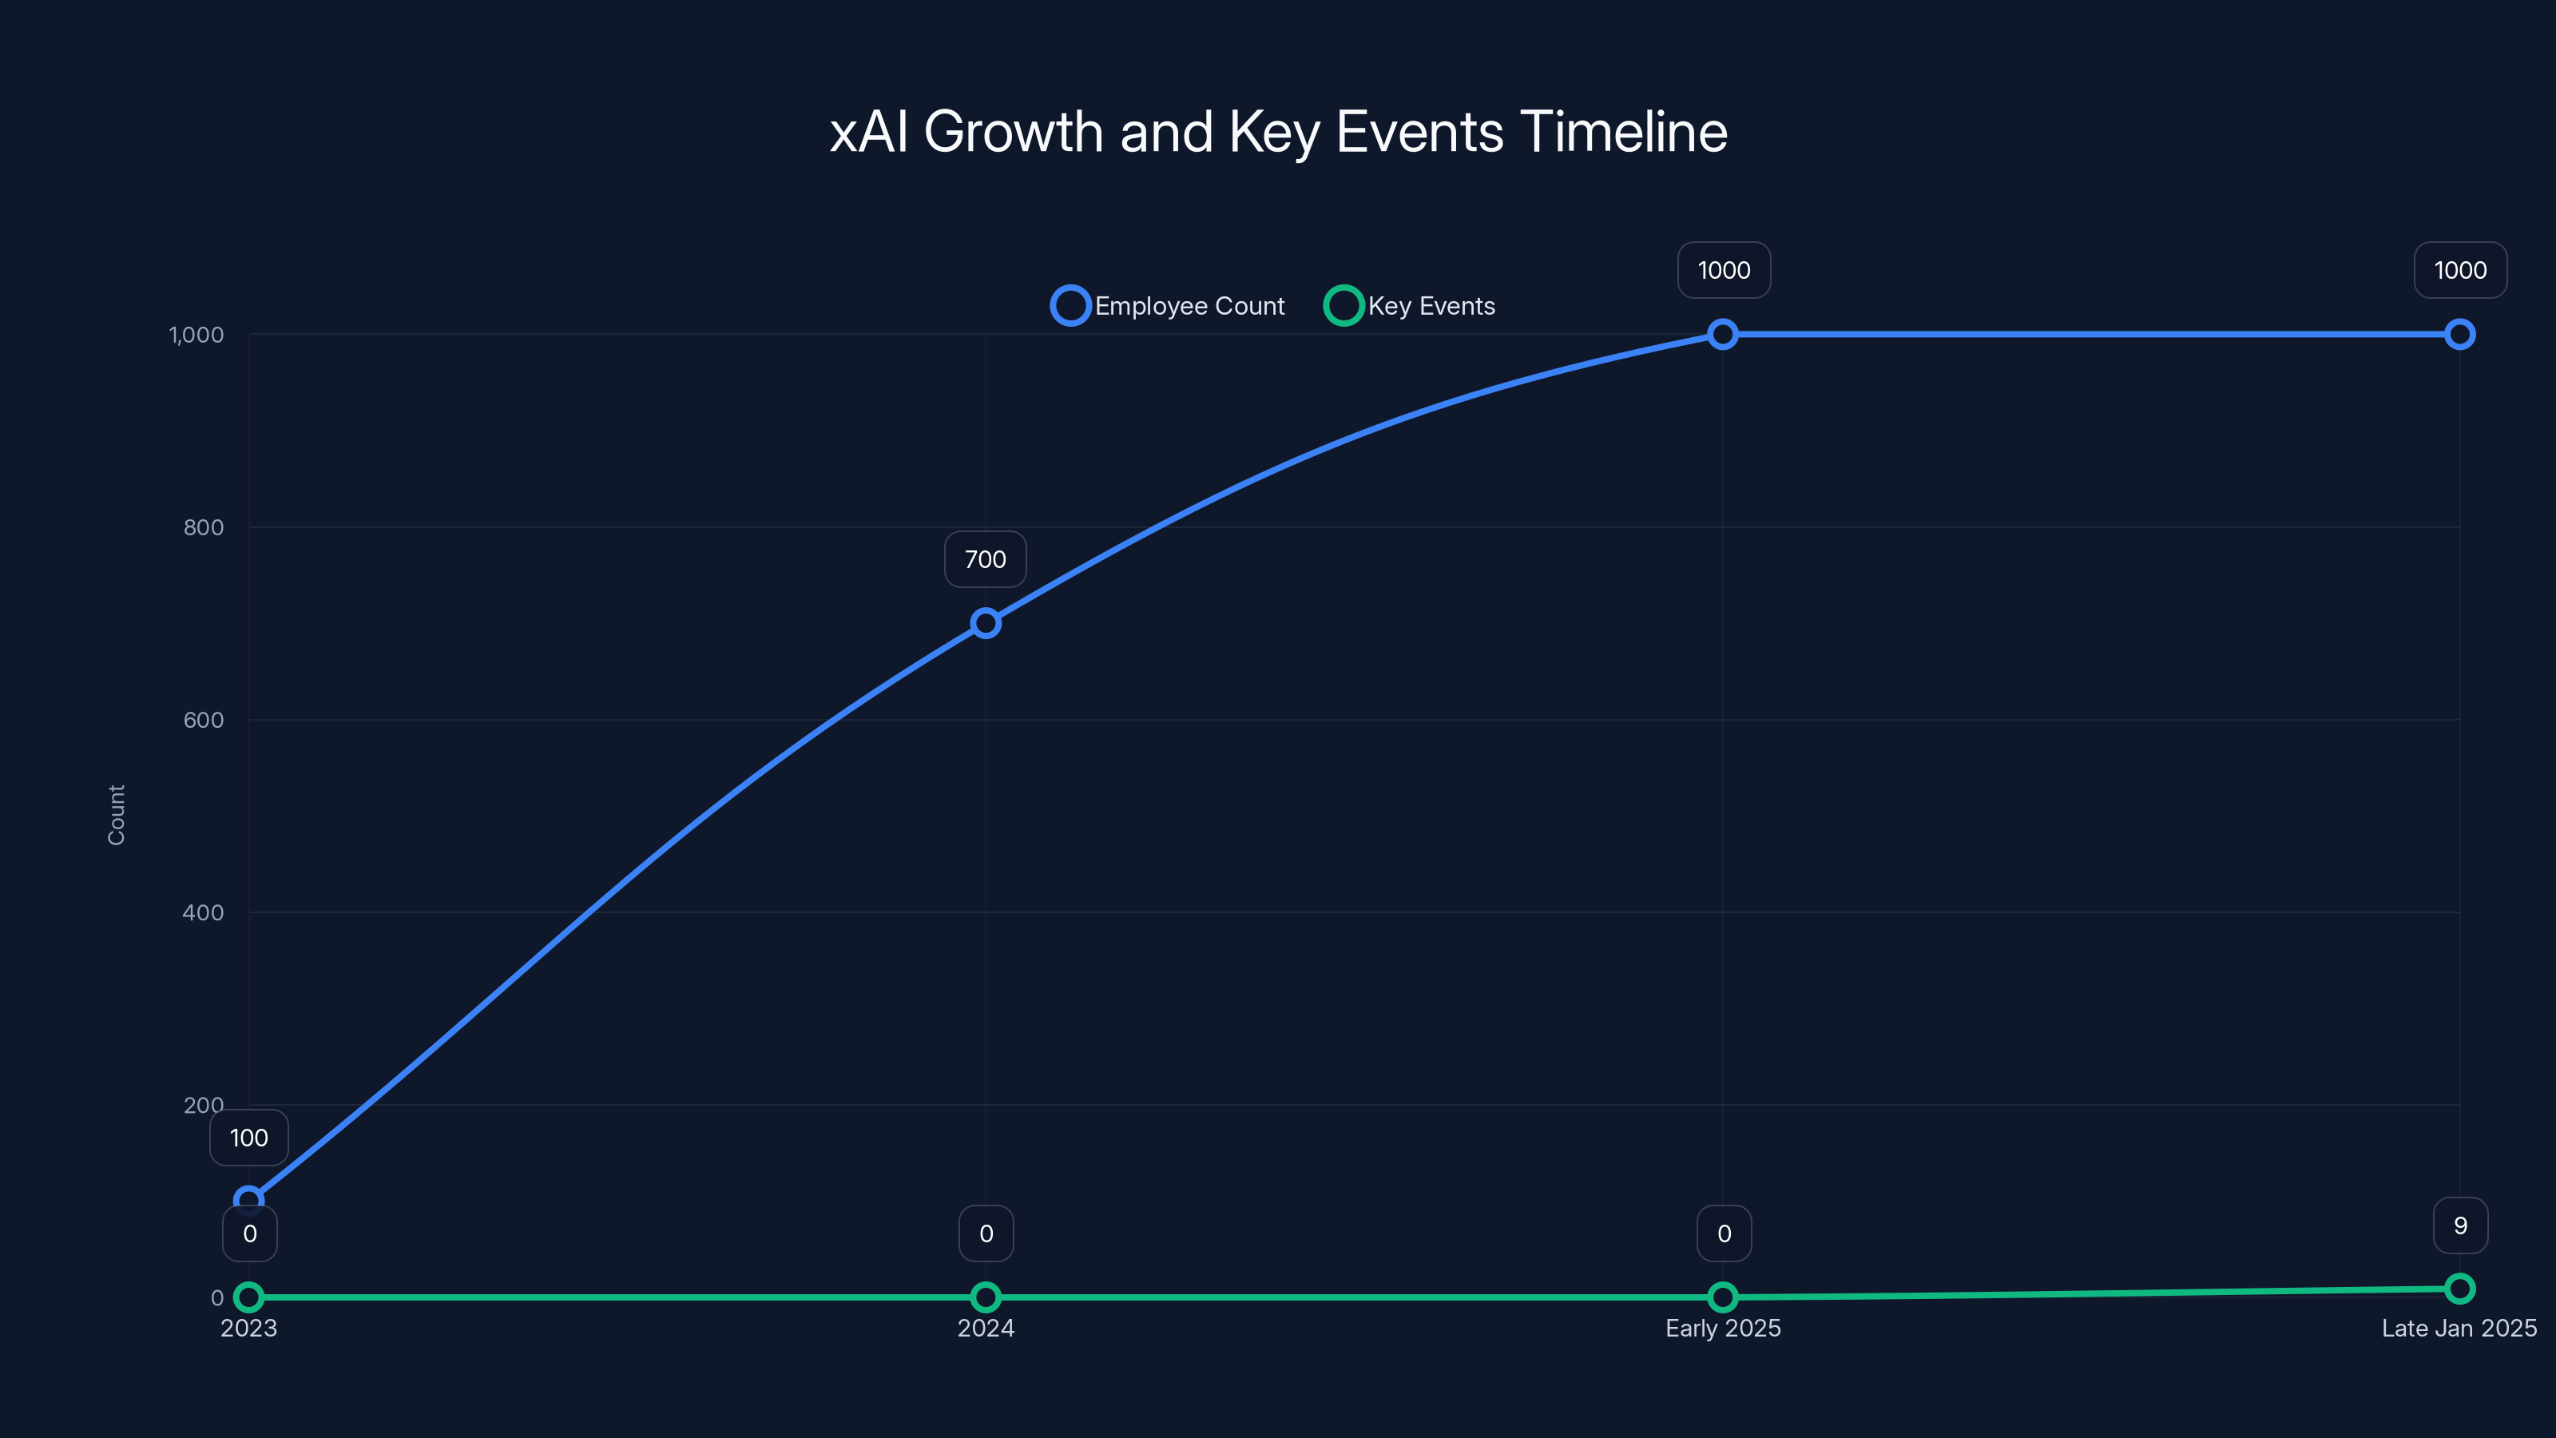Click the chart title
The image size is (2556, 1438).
pyautogui.click(x=1278, y=132)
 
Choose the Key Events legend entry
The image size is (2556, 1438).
pyautogui.click(x=1410, y=306)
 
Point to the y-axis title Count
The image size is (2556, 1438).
pyautogui.click(x=116, y=815)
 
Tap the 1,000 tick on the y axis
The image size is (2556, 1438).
pyautogui.click(x=196, y=335)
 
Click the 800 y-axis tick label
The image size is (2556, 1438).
pyautogui.click(x=204, y=527)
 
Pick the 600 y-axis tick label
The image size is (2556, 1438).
pyautogui.click(x=204, y=720)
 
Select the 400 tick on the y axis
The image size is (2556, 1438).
pyautogui.click(x=204, y=912)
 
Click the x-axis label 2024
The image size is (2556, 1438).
pyautogui.click(x=986, y=1328)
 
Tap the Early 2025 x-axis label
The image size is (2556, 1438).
pyautogui.click(x=1723, y=1328)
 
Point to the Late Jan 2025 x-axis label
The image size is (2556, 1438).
pyautogui.click(x=2459, y=1328)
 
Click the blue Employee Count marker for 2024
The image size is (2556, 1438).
pyautogui.click(x=986, y=623)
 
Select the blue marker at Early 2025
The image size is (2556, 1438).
pyautogui.click(x=1723, y=335)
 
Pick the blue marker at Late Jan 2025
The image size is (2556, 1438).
pyautogui.click(x=2460, y=335)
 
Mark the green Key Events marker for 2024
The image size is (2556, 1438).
pyautogui.click(x=986, y=1297)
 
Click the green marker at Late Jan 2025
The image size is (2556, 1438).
pyautogui.click(x=2460, y=1288)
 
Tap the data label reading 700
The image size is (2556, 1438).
pyautogui.click(x=986, y=560)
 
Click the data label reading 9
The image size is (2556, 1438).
pyautogui.click(x=2460, y=1225)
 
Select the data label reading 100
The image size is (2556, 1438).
pyautogui.click(x=249, y=1138)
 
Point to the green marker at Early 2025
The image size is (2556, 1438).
pyautogui.click(x=1723, y=1297)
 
